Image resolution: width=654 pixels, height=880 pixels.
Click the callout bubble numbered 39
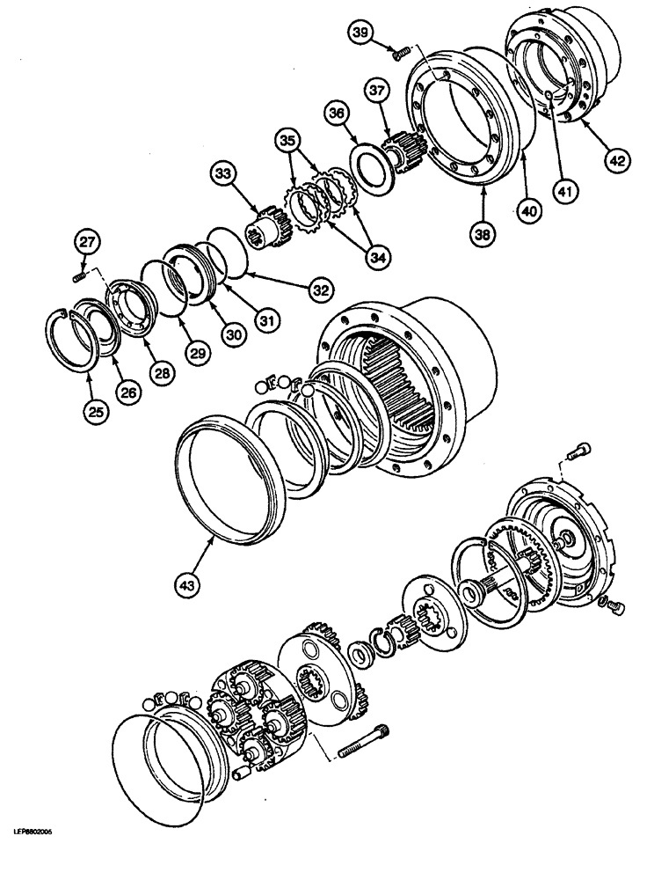[x=359, y=33]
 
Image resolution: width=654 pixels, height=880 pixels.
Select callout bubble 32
[x=320, y=288]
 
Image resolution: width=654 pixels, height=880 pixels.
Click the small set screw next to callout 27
[x=78, y=278]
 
